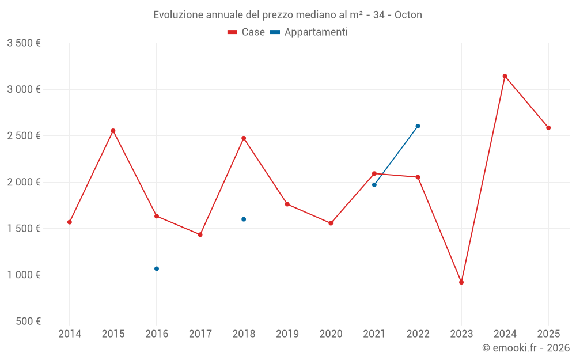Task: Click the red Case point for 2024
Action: (505, 76)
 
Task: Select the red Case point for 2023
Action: (461, 282)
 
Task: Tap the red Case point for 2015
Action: (113, 131)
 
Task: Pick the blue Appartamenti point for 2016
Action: (157, 269)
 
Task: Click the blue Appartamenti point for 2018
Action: (244, 219)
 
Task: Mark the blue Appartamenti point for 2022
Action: (418, 126)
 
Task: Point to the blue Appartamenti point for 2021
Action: (374, 185)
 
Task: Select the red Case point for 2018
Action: (244, 138)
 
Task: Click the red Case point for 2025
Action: (548, 128)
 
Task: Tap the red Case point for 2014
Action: (70, 222)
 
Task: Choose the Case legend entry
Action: (247, 32)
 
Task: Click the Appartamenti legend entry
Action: (309, 32)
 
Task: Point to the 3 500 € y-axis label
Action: (24, 43)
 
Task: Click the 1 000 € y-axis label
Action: (24, 275)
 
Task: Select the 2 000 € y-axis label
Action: (24, 183)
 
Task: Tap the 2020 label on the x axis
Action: (331, 334)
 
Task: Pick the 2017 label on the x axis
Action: (200, 334)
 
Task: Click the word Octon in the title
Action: (408, 15)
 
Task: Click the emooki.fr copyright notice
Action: (526, 348)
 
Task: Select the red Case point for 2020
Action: (331, 223)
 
